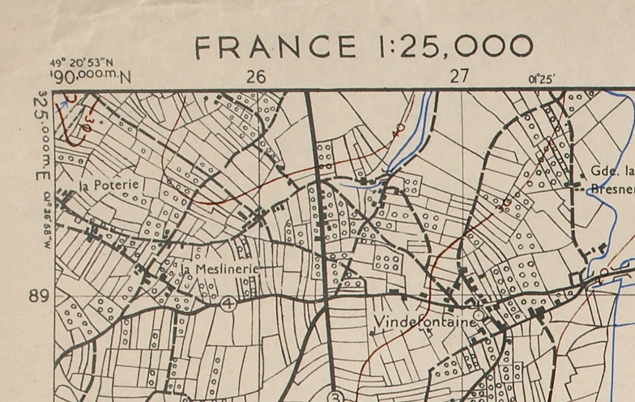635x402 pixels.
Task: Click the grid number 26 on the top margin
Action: click(256, 77)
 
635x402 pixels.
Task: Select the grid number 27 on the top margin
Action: click(459, 77)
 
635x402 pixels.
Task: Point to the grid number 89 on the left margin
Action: click(39, 297)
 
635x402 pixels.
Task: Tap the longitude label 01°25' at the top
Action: click(542, 79)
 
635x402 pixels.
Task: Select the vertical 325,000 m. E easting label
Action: click(40, 138)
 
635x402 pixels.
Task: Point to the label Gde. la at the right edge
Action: click(612, 171)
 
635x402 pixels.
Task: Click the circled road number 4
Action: click(228, 304)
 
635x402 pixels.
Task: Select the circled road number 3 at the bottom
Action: click(337, 396)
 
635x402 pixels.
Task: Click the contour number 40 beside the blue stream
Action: click(398, 130)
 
